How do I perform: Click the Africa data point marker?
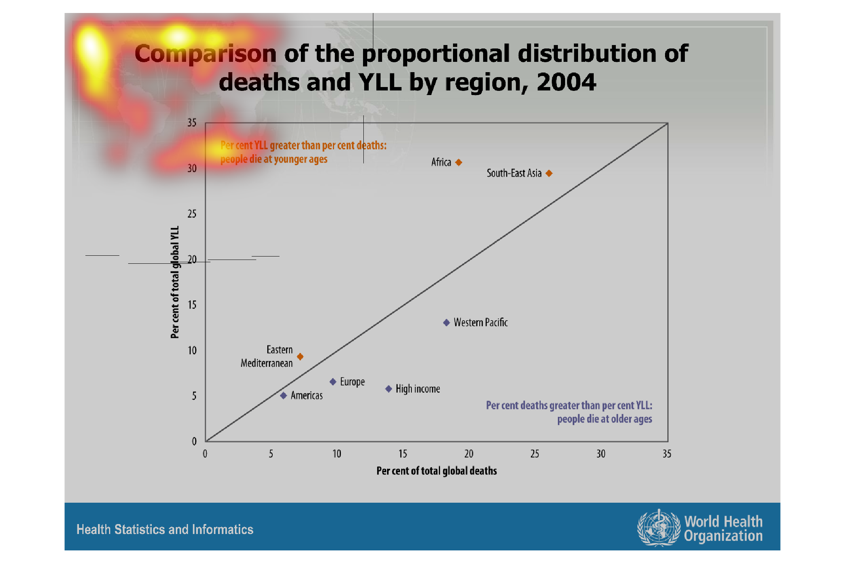[459, 163]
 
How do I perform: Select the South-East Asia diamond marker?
[549, 173]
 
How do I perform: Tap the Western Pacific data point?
[447, 323]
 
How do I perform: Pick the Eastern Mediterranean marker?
[300, 357]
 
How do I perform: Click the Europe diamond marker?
[333, 382]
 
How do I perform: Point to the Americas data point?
[283, 395]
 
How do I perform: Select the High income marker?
[389, 389]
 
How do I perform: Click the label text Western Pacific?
[480, 323]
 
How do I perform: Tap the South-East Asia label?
[514, 173]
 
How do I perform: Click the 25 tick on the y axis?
[192, 214]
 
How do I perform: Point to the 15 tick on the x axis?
[403, 454]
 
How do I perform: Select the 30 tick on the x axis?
[601, 454]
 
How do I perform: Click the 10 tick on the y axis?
[192, 350]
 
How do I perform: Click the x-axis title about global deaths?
[437, 471]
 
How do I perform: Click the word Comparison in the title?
[205, 53]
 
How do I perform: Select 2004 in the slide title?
[566, 82]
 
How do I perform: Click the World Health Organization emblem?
[659, 528]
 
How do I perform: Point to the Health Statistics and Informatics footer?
[165, 529]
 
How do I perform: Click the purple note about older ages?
[569, 412]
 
